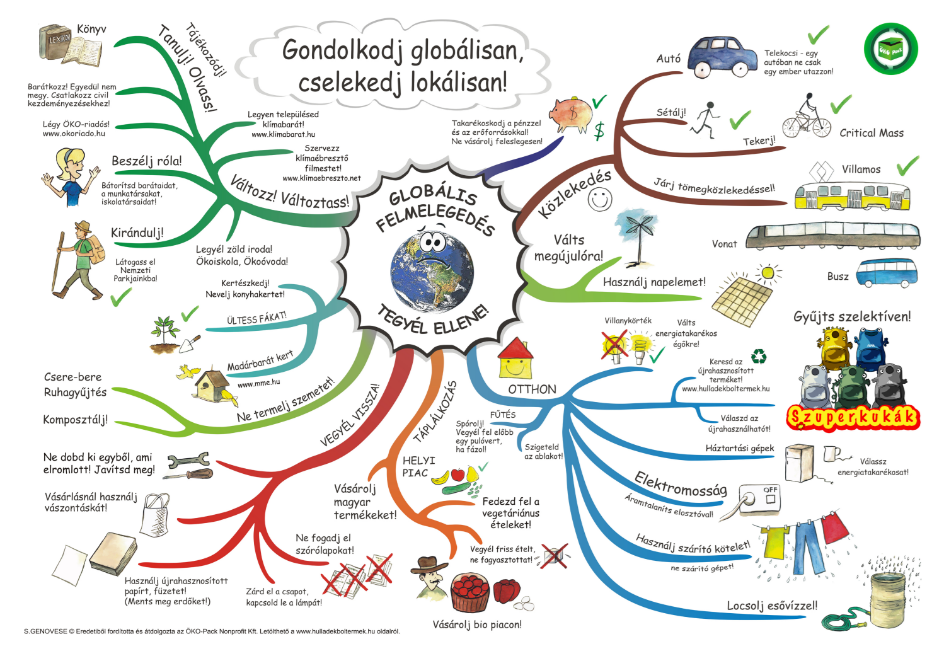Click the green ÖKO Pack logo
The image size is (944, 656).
[x=891, y=49]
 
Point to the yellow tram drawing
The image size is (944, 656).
[x=852, y=196]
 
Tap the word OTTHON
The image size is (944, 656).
[x=532, y=389]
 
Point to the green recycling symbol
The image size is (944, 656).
[x=759, y=357]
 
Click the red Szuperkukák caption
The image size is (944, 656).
[x=853, y=418]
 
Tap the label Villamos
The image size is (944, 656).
[x=861, y=170]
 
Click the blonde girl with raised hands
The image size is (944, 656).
[x=71, y=177]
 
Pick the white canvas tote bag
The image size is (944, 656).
[x=155, y=515]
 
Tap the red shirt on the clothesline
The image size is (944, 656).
[x=834, y=528]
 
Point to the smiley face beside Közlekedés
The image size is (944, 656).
[x=600, y=199]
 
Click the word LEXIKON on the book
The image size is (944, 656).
[x=59, y=40]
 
